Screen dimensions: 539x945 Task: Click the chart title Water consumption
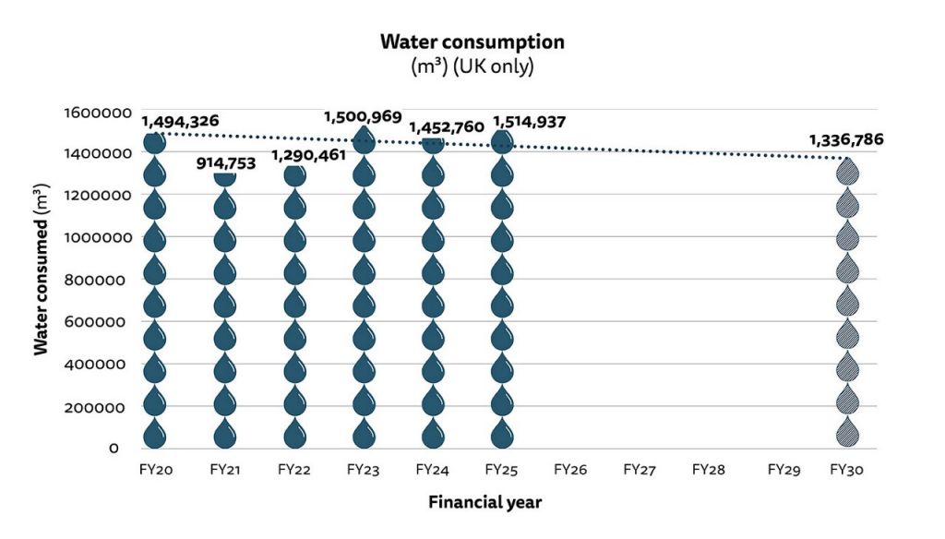(x=472, y=42)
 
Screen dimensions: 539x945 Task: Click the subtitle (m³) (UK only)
(x=472, y=67)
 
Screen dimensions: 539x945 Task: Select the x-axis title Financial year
(x=484, y=503)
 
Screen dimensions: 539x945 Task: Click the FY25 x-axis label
(x=501, y=470)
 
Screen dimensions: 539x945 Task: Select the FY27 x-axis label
(x=639, y=470)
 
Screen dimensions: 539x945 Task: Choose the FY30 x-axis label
(x=846, y=470)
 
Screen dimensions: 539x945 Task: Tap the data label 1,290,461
(x=308, y=155)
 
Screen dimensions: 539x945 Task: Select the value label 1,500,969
(x=363, y=117)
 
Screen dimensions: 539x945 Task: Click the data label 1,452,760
(x=446, y=126)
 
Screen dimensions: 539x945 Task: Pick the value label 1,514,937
(x=529, y=122)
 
